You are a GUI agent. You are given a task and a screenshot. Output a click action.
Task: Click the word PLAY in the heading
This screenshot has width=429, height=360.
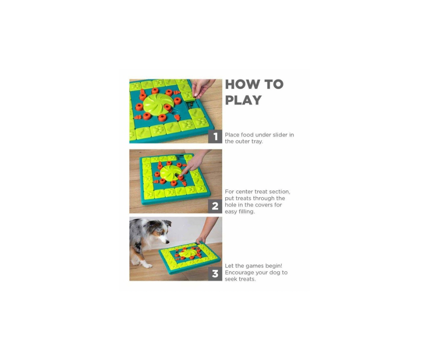(x=243, y=100)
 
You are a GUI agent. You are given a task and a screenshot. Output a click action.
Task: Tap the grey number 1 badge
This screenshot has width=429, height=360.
(x=215, y=136)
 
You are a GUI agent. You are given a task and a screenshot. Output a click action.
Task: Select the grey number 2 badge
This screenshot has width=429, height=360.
(x=215, y=206)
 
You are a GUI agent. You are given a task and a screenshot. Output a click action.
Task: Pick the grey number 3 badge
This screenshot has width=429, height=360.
(x=215, y=274)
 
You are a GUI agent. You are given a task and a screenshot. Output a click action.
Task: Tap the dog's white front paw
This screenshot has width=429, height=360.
(x=147, y=265)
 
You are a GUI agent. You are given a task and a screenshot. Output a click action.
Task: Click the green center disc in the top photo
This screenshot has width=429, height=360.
(x=158, y=103)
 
